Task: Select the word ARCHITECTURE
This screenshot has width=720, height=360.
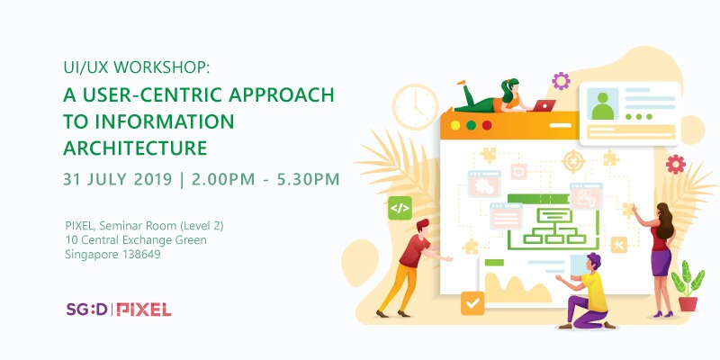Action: [x=135, y=148]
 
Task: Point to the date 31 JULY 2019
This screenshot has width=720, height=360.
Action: [x=118, y=179]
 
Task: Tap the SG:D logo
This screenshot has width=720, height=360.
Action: [x=86, y=309]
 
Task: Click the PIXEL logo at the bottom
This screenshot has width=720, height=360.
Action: [x=144, y=310]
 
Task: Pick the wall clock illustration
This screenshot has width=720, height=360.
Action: [x=416, y=106]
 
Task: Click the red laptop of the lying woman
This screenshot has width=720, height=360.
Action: [x=544, y=105]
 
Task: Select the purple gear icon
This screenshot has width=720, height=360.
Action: [x=561, y=81]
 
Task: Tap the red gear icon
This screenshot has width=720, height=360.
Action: [x=676, y=164]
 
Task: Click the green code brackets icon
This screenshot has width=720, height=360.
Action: [x=400, y=208]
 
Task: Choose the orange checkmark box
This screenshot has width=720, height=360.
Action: [x=472, y=303]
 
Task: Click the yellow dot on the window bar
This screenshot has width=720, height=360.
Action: [x=455, y=125]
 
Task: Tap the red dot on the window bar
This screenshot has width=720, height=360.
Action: [x=487, y=125]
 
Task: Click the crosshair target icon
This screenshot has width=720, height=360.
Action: [x=574, y=161]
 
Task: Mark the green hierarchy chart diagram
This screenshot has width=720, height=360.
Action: [x=554, y=226]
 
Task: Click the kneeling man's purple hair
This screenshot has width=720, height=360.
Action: [x=593, y=260]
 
